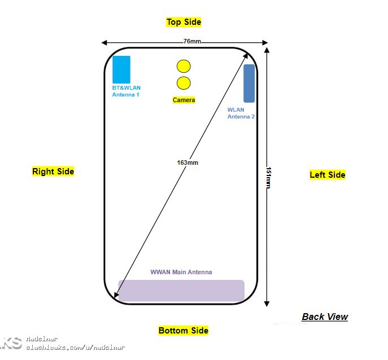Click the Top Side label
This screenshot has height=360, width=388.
[x=184, y=22]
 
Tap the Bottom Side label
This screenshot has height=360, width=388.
[x=183, y=331]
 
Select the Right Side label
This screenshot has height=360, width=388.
[x=53, y=172]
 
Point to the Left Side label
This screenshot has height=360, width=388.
[x=327, y=175]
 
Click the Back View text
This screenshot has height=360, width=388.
[x=325, y=317]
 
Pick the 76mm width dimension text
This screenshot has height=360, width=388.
[x=191, y=42]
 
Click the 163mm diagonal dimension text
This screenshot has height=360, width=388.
[x=188, y=163]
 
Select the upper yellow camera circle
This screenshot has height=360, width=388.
[x=183, y=66]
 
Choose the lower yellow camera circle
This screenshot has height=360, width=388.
[x=183, y=84]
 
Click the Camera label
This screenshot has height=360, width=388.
[x=184, y=100]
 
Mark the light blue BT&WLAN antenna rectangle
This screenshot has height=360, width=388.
[x=121, y=69]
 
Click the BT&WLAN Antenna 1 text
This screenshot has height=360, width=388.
[x=126, y=91]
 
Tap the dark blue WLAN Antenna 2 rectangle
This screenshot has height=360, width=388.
[x=249, y=83]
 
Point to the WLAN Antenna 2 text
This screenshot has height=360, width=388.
[x=241, y=113]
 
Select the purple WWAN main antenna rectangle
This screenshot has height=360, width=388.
[x=181, y=291]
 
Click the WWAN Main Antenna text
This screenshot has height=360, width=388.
[x=181, y=272]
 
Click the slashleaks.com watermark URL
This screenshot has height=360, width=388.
[x=76, y=348]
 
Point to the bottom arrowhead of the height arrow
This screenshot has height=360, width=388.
[x=267, y=304]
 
